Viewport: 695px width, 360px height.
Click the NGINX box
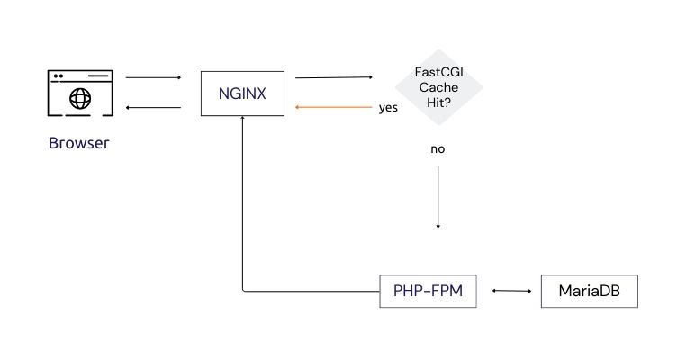point(242,94)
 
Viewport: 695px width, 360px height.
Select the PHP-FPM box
point(428,292)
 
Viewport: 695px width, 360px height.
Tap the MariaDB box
point(589,292)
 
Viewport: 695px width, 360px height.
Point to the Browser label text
point(77,143)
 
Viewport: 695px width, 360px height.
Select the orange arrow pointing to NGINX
point(333,107)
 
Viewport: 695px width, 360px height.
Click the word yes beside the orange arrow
point(388,108)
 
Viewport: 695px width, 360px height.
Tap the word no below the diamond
point(438,149)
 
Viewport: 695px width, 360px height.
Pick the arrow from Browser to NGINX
point(153,78)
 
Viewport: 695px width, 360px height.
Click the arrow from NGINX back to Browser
point(153,107)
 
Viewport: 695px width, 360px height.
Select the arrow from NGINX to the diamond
point(333,78)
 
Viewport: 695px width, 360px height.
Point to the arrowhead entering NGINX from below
point(243,122)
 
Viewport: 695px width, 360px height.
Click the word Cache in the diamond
point(438,87)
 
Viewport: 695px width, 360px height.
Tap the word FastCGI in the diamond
point(438,72)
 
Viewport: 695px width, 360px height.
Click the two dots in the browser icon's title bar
point(59,76)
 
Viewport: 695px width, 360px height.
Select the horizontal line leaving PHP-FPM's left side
point(311,292)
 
